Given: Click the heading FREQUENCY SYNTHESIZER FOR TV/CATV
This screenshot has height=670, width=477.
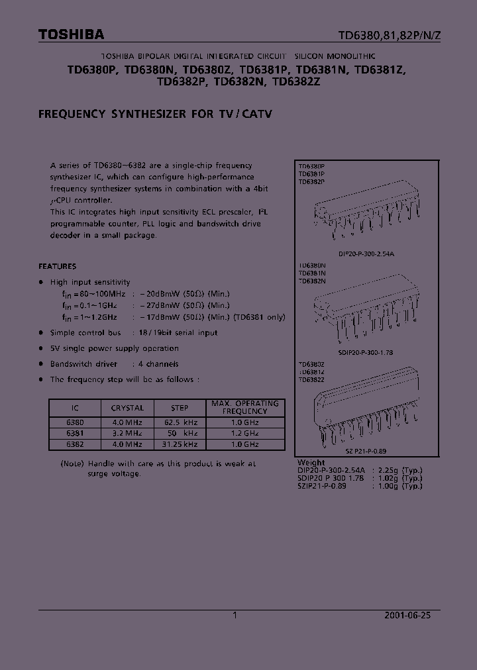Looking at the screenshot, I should [x=155, y=114].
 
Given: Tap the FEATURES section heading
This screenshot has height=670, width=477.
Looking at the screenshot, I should [x=57, y=266].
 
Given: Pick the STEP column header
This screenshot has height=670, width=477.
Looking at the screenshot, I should [x=180, y=408].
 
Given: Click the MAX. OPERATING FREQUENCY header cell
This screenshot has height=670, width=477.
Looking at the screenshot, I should [x=245, y=407].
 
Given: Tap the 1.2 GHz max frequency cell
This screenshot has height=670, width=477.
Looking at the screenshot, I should [x=245, y=433].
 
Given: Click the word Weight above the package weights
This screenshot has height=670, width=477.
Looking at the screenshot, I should [x=311, y=463].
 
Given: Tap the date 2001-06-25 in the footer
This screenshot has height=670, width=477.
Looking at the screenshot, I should [x=407, y=615].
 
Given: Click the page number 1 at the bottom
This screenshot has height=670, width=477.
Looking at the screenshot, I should [x=235, y=615].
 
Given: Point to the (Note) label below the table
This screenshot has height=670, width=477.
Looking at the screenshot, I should [x=72, y=464].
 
